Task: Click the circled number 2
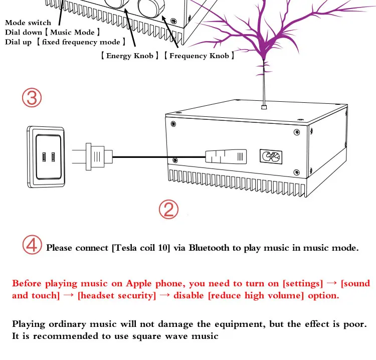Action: tap(168, 210)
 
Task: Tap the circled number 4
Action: tap(33, 246)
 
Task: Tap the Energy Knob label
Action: tap(129, 56)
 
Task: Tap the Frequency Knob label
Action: tap(199, 56)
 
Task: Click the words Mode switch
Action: tap(28, 23)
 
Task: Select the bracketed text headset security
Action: tap(117, 295)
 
